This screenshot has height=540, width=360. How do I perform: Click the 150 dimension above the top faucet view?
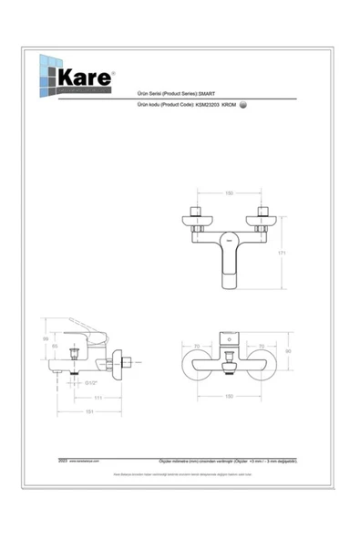click(x=230, y=193)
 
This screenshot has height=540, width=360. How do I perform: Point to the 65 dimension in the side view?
click(x=55, y=347)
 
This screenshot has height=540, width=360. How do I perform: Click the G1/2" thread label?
click(x=92, y=382)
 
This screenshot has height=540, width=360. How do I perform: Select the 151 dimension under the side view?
click(x=87, y=412)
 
